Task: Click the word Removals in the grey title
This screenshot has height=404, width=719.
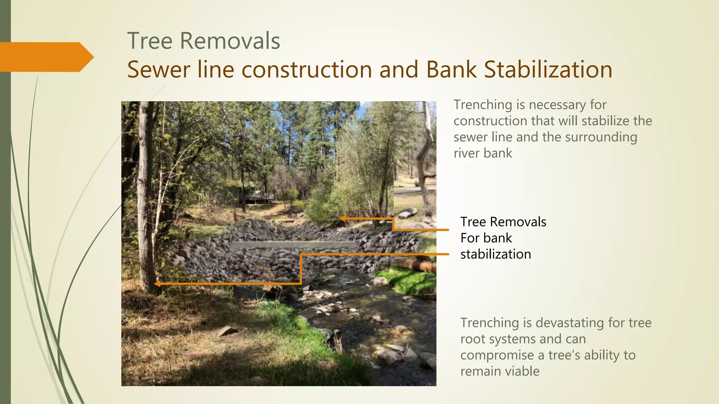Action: click(230, 41)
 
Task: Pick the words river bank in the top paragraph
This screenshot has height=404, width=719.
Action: click(483, 153)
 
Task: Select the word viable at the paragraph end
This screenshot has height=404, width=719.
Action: click(519, 371)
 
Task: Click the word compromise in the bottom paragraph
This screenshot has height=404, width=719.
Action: click(497, 355)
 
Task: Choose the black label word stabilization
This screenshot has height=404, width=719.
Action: click(496, 254)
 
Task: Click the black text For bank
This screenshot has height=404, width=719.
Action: click(486, 238)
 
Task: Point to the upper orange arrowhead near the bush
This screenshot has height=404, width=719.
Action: click(342, 219)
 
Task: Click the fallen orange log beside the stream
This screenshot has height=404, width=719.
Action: click(414, 264)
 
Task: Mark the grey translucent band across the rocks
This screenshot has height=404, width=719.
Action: click(293, 245)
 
